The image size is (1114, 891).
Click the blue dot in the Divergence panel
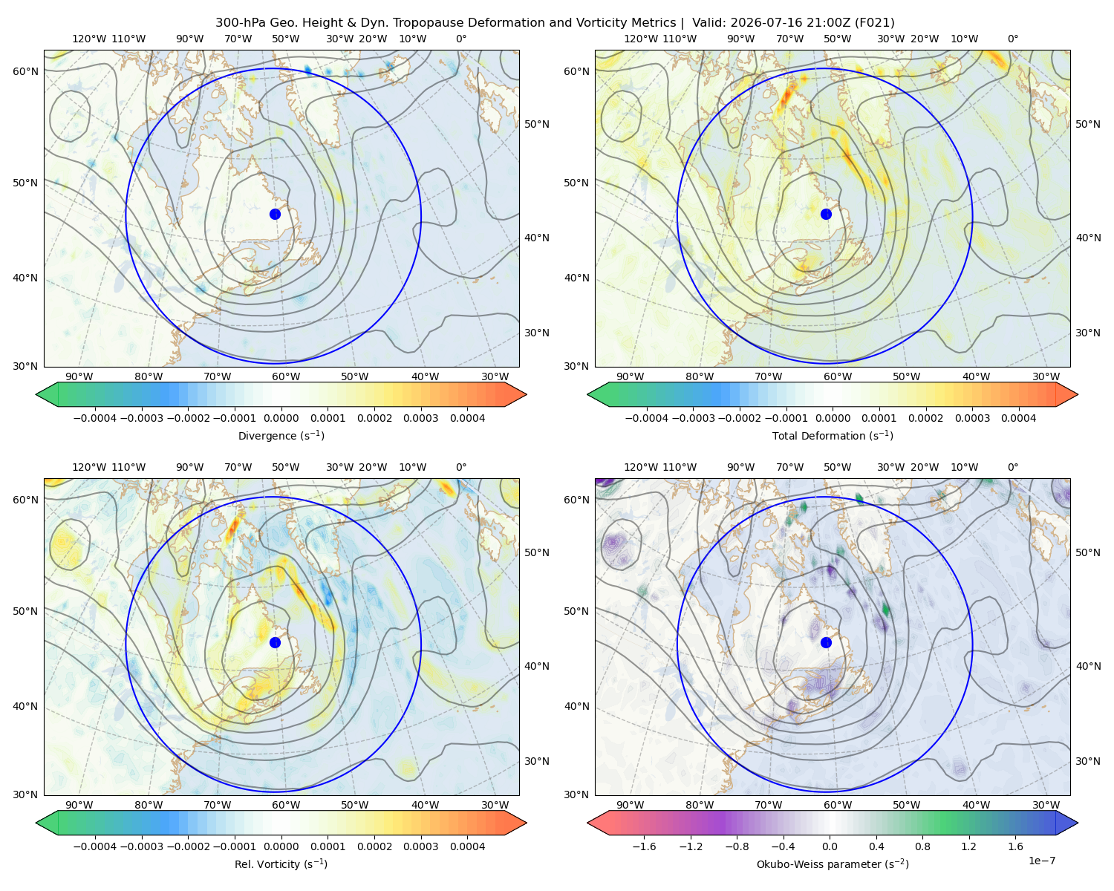tap(275, 214)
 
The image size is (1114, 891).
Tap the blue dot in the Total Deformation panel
tap(826, 214)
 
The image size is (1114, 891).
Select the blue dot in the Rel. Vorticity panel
tap(275, 642)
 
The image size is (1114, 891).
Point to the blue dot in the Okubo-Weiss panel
tap(826, 642)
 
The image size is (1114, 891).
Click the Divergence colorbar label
tap(281, 435)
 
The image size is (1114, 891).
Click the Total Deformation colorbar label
tap(833, 435)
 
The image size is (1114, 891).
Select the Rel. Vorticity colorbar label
tap(281, 864)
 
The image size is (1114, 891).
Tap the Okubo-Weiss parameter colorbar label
tap(833, 864)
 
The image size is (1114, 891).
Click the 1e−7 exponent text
tap(1041, 861)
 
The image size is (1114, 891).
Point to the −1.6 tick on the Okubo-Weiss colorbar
tap(644, 846)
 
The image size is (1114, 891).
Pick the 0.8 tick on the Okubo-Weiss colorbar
tap(922, 846)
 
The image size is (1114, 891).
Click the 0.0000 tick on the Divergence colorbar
tap(281, 418)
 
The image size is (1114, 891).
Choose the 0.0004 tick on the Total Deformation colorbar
tap(1019, 418)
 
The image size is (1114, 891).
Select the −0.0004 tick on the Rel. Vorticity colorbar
tap(95, 846)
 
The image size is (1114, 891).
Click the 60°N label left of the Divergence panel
tap(25, 71)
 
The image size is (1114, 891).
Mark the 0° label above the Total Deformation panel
tap(1012, 39)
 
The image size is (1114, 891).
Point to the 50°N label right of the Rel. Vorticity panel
tap(537, 552)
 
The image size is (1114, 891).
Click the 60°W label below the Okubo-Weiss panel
tap(838, 805)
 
